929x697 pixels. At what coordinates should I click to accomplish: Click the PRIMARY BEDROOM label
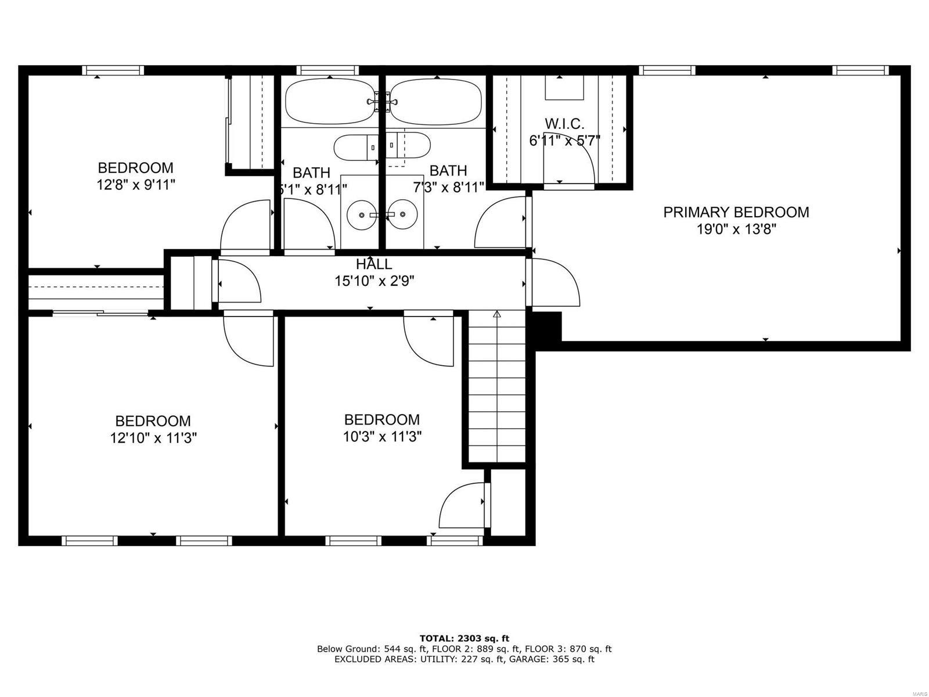pyautogui.click(x=736, y=213)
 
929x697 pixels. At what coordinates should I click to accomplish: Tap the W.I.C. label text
pyautogui.click(x=564, y=124)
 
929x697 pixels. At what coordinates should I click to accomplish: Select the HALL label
pyautogui.click(x=374, y=264)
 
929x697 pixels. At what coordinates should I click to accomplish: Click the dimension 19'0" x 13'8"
pyautogui.click(x=736, y=229)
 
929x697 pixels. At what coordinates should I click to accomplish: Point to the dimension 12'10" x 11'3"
pyautogui.click(x=153, y=438)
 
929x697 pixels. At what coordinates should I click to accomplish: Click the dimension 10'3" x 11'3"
pyautogui.click(x=381, y=437)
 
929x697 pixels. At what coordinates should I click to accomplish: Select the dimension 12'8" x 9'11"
pyautogui.click(x=135, y=185)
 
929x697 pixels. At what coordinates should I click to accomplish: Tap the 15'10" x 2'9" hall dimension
pyautogui.click(x=374, y=281)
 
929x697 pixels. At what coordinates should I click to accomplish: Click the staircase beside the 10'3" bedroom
pyautogui.click(x=496, y=389)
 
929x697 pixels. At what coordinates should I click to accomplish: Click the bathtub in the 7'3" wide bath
pyautogui.click(x=435, y=101)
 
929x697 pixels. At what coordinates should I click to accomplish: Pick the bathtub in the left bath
pyautogui.click(x=329, y=101)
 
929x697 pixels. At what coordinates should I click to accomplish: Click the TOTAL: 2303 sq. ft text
pyautogui.click(x=464, y=638)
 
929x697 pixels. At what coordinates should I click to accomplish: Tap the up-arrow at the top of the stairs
pyautogui.click(x=496, y=315)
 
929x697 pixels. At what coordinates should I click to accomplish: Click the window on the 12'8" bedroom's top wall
pyautogui.click(x=113, y=71)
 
